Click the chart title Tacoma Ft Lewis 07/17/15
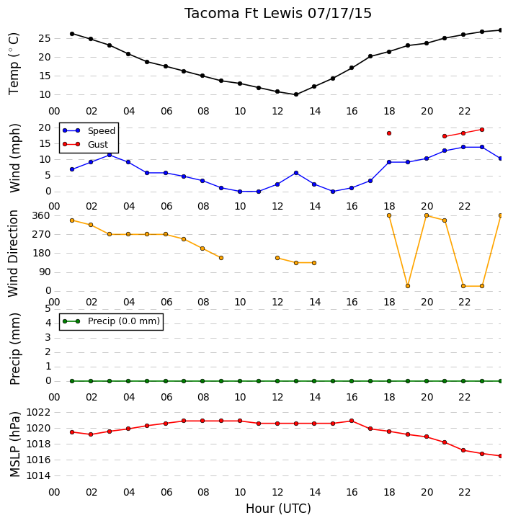278,14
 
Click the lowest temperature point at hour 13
296,94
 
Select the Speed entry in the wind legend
89,131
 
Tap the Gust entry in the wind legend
86,144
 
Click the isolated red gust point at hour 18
389,133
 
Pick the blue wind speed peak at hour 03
110,155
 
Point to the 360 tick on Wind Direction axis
41,216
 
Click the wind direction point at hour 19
408,286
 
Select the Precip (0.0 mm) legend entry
112,321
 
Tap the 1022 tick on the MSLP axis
38,413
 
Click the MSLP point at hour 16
352,421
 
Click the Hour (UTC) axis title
278,509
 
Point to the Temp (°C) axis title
14,63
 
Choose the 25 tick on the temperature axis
45,39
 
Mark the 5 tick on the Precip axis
48,309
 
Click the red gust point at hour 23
481,130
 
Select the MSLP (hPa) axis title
14,444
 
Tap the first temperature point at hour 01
72,34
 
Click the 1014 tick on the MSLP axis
38,476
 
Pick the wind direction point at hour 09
221,258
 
